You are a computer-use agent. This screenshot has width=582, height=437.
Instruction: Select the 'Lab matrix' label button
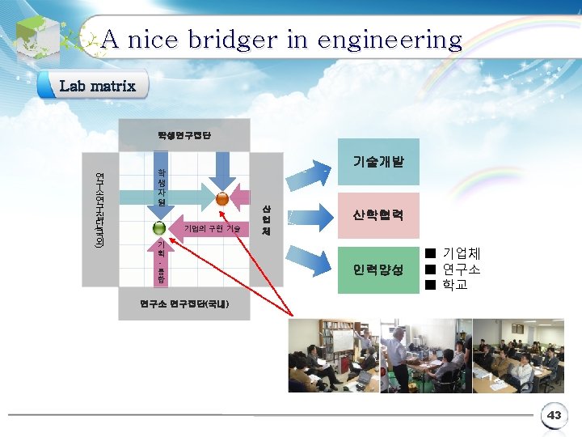pyautogui.click(x=96, y=85)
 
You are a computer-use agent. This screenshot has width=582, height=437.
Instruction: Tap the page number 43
pyautogui.click(x=554, y=415)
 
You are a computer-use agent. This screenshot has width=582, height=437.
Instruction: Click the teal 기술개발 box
pyautogui.click(x=377, y=162)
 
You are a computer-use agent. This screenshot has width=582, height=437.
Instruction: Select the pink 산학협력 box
pyautogui.click(x=377, y=216)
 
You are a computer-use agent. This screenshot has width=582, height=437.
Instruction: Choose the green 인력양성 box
pyautogui.click(x=377, y=269)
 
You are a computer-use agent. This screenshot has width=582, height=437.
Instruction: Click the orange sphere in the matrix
pyautogui.click(x=222, y=198)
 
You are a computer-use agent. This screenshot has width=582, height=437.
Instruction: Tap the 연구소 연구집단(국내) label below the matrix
pyautogui.click(x=184, y=304)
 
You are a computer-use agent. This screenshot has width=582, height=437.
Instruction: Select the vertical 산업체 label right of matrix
pyautogui.click(x=266, y=219)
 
